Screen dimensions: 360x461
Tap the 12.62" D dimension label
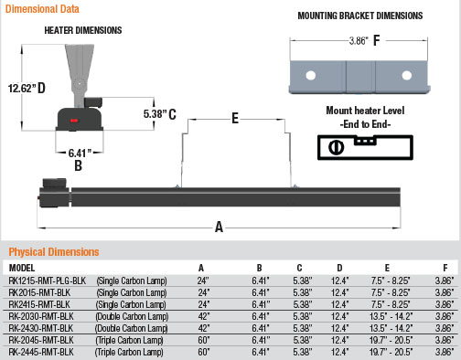click(27, 88)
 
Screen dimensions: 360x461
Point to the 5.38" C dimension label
click(159, 113)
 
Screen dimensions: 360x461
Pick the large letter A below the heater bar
click(217, 227)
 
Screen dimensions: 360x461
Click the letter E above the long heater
click(234, 119)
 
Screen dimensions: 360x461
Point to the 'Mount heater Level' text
click(365, 111)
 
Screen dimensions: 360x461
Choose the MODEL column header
click(21, 268)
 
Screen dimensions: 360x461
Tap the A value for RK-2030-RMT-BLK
click(204, 314)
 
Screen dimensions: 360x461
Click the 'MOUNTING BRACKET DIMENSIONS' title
click(360, 16)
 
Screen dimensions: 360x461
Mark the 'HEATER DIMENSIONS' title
click(82, 30)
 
